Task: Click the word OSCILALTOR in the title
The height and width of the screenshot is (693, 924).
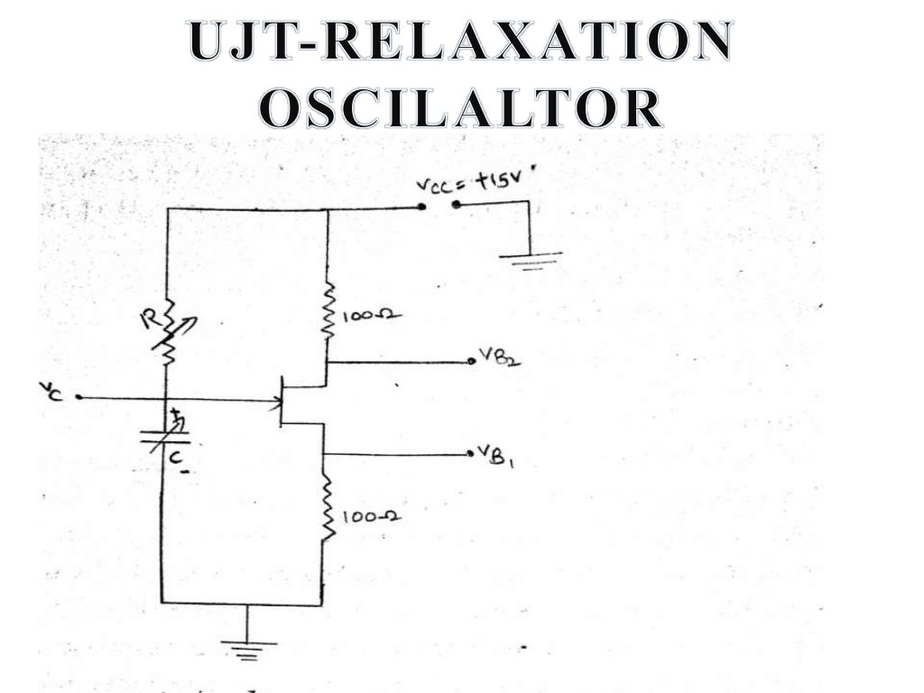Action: click(x=461, y=108)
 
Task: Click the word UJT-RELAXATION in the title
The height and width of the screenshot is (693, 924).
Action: click(x=461, y=42)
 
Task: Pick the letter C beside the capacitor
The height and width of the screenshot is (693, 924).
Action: click(x=178, y=459)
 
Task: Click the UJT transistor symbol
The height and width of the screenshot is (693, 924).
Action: click(x=287, y=402)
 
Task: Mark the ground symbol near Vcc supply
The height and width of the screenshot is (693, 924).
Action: click(x=531, y=259)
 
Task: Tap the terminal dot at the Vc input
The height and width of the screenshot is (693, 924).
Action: click(x=79, y=397)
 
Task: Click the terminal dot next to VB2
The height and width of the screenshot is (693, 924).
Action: click(x=471, y=363)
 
